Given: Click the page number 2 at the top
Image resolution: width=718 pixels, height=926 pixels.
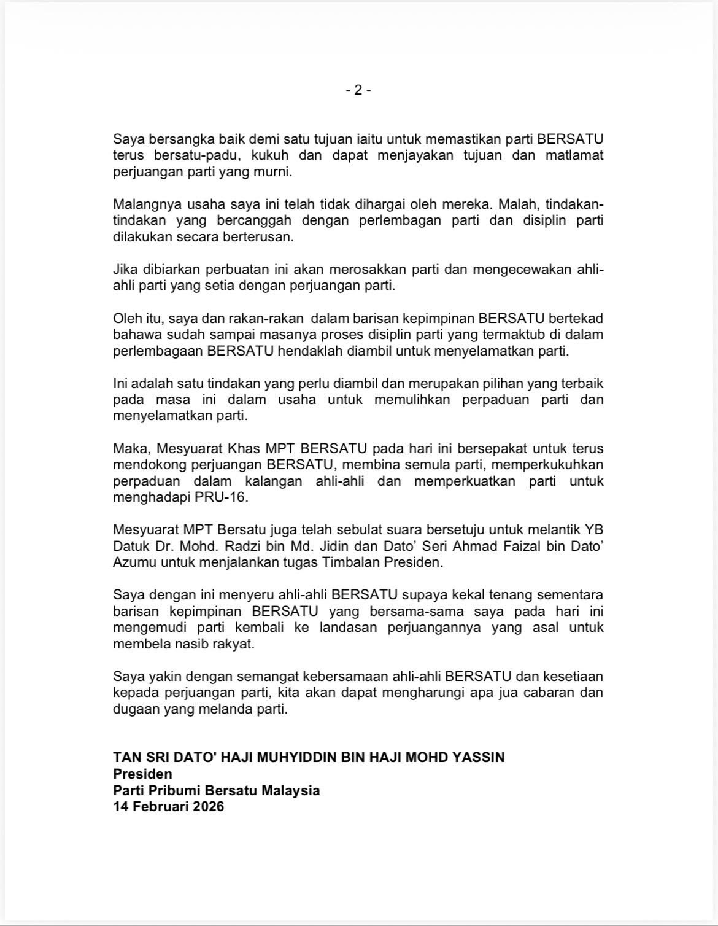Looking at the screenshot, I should coord(358,90).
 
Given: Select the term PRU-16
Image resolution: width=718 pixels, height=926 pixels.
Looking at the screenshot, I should coord(226,497).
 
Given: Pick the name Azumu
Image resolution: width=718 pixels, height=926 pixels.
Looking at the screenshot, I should coord(134,562).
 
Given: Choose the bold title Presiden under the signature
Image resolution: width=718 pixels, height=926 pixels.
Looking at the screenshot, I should coord(142,774).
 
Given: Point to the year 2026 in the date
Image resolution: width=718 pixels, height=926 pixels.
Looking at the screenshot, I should coord(207,807).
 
